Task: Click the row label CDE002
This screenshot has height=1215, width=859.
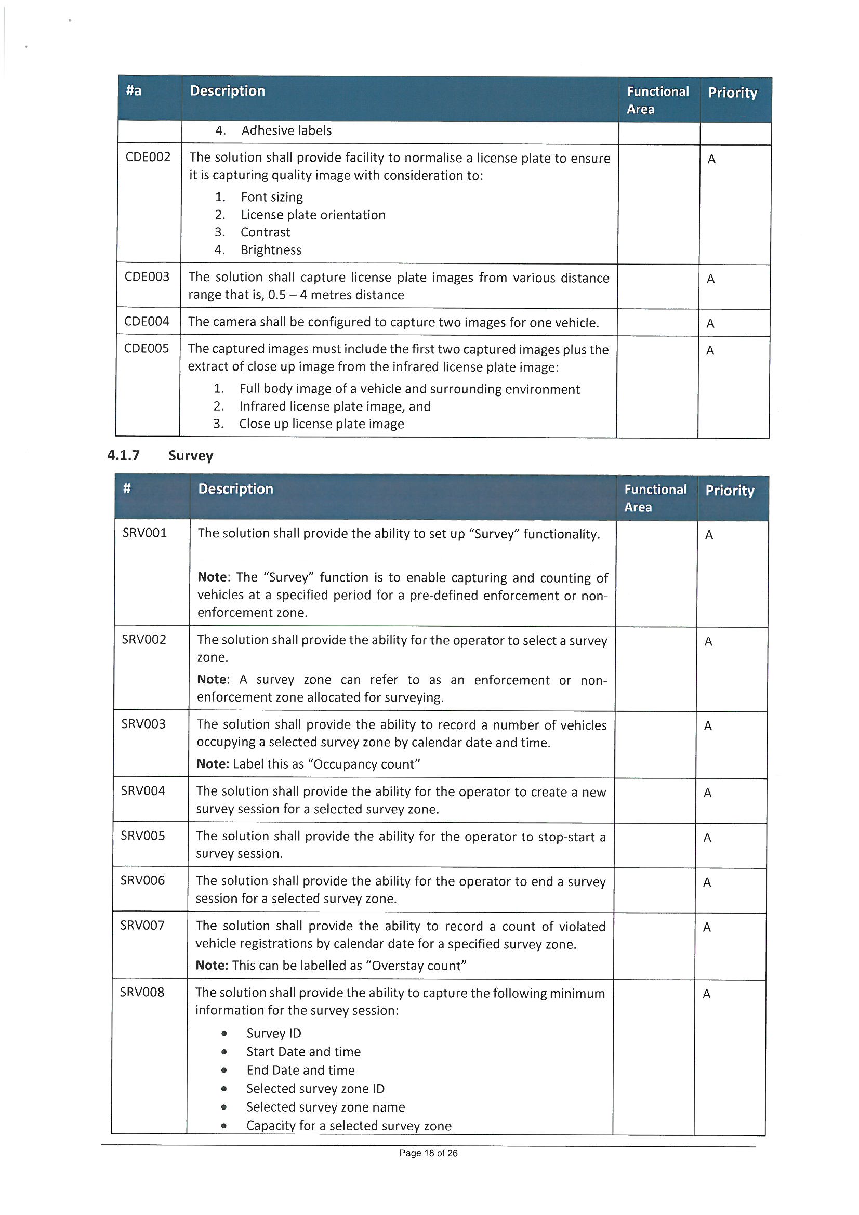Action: pos(148,157)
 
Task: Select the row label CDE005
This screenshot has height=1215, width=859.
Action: pos(146,348)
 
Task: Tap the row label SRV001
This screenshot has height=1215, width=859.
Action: pos(144,533)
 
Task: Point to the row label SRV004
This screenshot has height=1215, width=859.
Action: pos(143,790)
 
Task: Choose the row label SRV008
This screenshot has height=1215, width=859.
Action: pos(142,992)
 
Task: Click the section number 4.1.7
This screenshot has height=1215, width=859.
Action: pos(123,455)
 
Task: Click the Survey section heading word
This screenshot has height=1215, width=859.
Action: pos(191,456)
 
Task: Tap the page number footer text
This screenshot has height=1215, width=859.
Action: pos(428,1153)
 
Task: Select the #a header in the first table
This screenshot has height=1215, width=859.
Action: pos(134,91)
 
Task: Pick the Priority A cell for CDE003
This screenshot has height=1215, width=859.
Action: pos(711,279)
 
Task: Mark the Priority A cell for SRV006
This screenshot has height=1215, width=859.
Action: pos(707,882)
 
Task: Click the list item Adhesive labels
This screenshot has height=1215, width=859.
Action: pos(286,131)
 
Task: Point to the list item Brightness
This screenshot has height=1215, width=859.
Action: pos(270,250)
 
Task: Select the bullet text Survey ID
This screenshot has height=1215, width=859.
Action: pos(274,1033)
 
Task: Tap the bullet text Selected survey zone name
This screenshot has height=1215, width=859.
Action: pos(325,1107)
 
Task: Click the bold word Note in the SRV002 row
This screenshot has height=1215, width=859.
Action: pos(212,679)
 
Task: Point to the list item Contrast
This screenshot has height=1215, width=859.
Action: pos(265,232)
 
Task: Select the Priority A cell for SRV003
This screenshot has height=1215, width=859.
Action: pos(708,726)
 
